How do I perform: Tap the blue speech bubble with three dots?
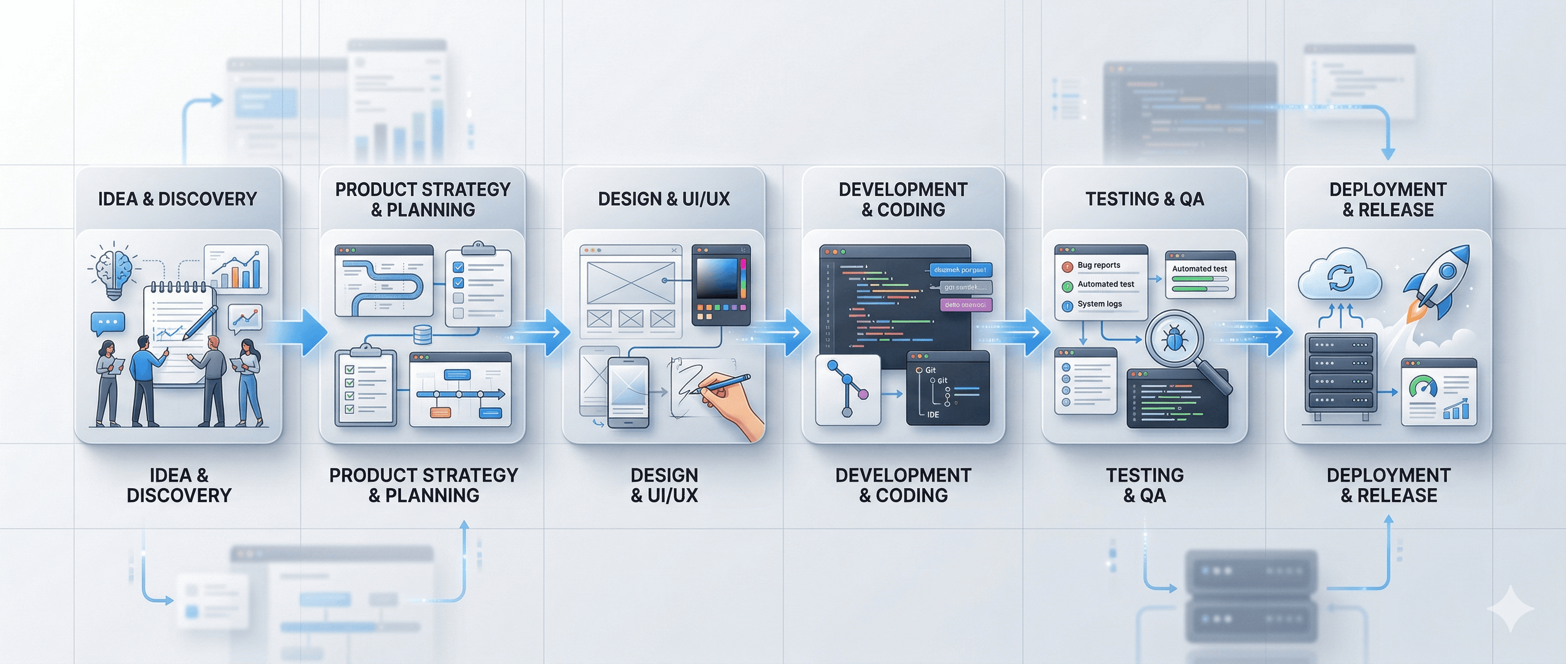pyautogui.click(x=108, y=322)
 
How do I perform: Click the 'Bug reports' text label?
pyautogui.click(x=1098, y=265)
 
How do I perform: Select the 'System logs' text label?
pyautogui.click(x=1099, y=304)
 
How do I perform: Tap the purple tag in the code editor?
pyautogui.click(x=965, y=304)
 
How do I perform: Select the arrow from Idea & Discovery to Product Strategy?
pyautogui.click(x=301, y=332)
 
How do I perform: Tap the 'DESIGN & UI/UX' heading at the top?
pyautogui.click(x=664, y=199)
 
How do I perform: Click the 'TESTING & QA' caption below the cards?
pyautogui.click(x=1145, y=485)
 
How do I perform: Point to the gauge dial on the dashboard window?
pyautogui.click(x=1423, y=387)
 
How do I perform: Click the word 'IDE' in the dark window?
pyautogui.click(x=933, y=415)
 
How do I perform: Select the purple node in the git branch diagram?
pyautogui.click(x=863, y=394)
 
